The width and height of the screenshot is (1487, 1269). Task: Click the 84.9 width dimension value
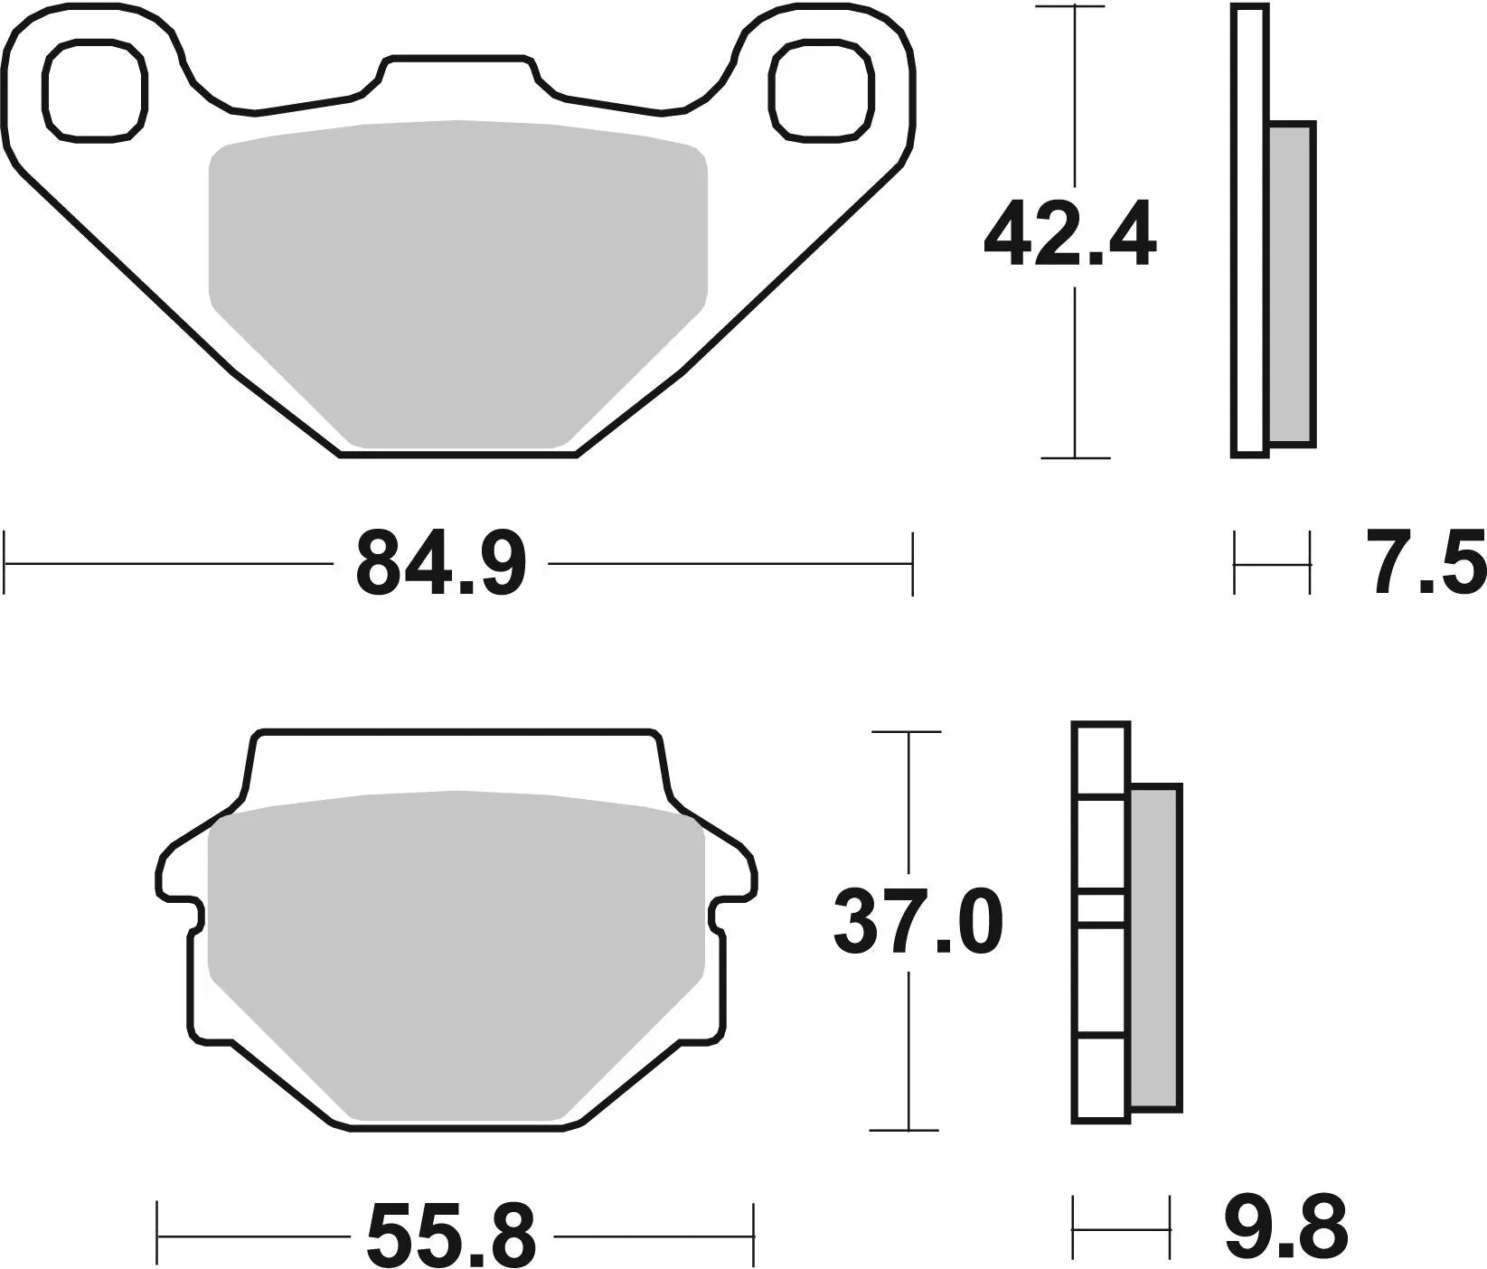pos(440,564)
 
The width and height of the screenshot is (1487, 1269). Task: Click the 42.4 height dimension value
pos(1069,237)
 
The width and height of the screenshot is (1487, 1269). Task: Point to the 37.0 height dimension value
pos(918,922)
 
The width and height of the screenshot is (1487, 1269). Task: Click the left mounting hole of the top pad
pos(95,91)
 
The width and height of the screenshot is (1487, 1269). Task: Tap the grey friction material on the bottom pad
pos(456,949)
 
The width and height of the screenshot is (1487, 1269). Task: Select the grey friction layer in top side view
pos(1292,284)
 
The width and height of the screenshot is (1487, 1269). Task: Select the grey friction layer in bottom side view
pos(1155,947)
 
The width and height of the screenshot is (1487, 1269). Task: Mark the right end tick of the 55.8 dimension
pos(753,1233)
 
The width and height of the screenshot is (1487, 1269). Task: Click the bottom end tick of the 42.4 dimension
pos(1074,458)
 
